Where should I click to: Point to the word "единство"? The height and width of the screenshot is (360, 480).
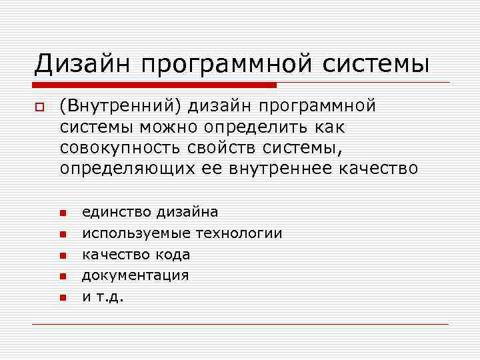pos(117,213)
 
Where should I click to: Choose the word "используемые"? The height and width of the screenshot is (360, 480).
pos(136,233)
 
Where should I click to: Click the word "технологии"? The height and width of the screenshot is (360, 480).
pos(239,233)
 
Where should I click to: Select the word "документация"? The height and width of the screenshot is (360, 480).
pos(135,275)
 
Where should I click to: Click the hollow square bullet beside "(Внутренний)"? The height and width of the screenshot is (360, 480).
pos(40,107)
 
